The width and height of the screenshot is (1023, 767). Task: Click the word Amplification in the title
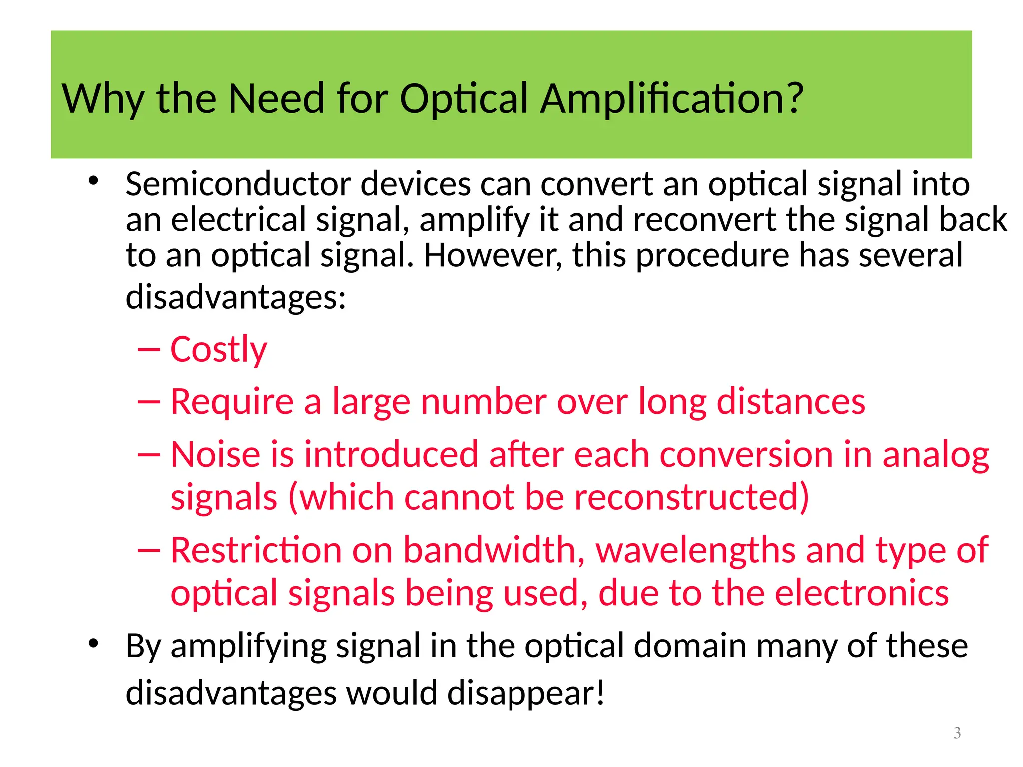click(x=671, y=98)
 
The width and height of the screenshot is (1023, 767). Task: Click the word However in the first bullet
click(x=493, y=255)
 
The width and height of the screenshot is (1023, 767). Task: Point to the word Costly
click(x=219, y=350)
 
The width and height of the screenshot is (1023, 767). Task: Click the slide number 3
click(x=957, y=733)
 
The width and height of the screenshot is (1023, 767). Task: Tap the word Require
click(x=232, y=402)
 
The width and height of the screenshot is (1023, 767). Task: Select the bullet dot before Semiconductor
click(x=93, y=181)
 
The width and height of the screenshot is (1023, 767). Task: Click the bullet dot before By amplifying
click(x=93, y=643)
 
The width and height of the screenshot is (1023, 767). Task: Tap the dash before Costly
click(x=149, y=350)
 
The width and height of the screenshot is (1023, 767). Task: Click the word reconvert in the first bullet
click(x=705, y=220)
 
